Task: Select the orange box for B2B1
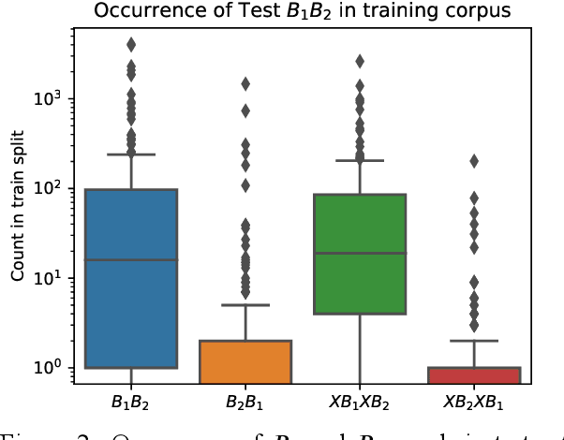pos(245,361)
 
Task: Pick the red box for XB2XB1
pos(473,375)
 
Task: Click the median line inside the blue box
pos(131,260)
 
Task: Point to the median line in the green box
pos(359,253)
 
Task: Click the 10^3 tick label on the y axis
pos(49,98)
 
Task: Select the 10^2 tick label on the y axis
pos(49,188)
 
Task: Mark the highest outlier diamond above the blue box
pos(131,44)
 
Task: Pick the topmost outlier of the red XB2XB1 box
pos(473,161)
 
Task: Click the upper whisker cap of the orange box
pos(245,305)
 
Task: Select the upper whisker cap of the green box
pos(359,160)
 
